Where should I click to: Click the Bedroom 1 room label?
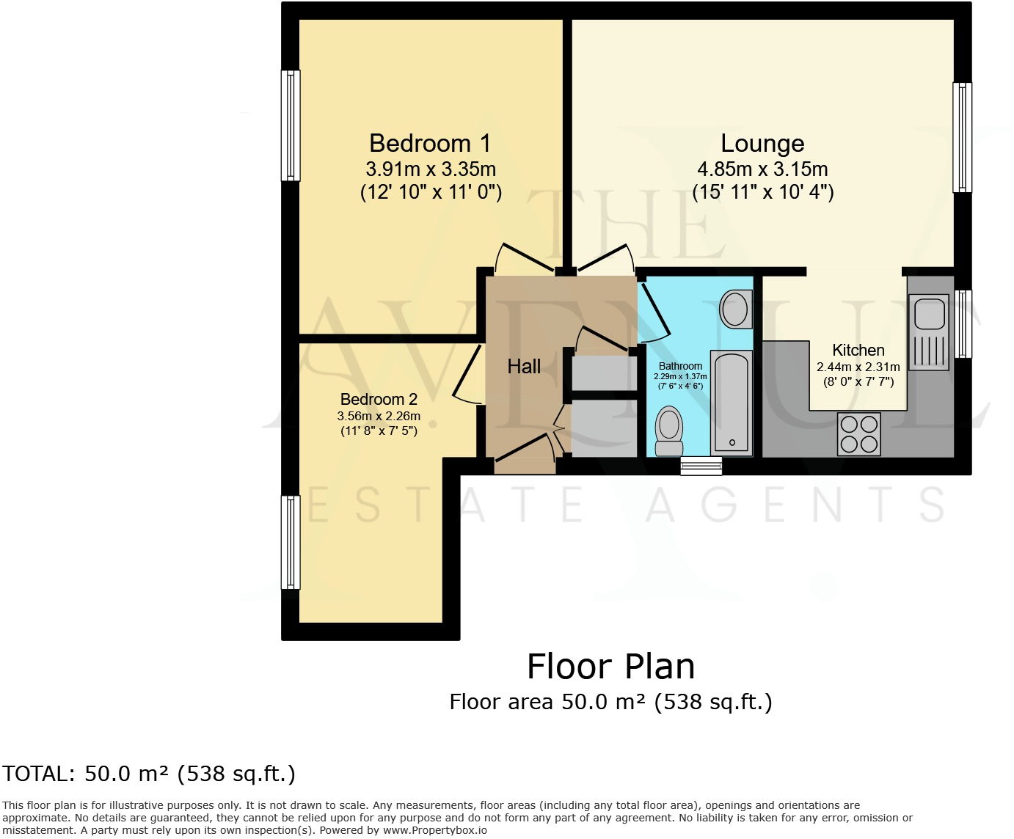click(x=430, y=144)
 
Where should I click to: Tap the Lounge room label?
click(x=762, y=144)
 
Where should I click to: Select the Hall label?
click(x=524, y=367)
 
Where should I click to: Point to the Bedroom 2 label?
click(x=379, y=400)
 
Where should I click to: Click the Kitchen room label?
click(x=858, y=351)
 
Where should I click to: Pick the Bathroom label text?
click(x=680, y=366)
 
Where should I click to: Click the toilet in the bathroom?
click(x=668, y=431)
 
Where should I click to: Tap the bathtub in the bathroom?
click(x=732, y=403)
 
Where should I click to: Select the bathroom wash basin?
click(x=735, y=309)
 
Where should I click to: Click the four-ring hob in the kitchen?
click(x=859, y=434)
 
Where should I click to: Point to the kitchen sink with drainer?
click(x=928, y=331)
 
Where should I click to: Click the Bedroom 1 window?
click(x=291, y=125)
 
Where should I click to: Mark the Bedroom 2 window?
click(x=291, y=542)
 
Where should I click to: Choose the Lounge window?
click(x=962, y=137)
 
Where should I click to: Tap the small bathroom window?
click(x=701, y=466)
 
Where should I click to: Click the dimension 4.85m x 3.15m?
click(x=762, y=169)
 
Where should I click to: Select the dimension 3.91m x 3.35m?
click(x=431, y=169)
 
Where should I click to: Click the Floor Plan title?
click(x=610, y=667)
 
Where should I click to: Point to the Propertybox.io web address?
click(x=434, y=831)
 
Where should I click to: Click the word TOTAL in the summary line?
click(x=37, y=774)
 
